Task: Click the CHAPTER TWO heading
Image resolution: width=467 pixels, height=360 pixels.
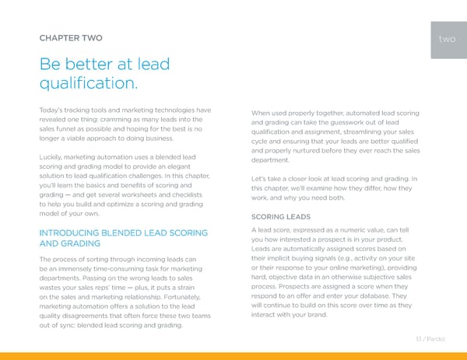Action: pos(70,37)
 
